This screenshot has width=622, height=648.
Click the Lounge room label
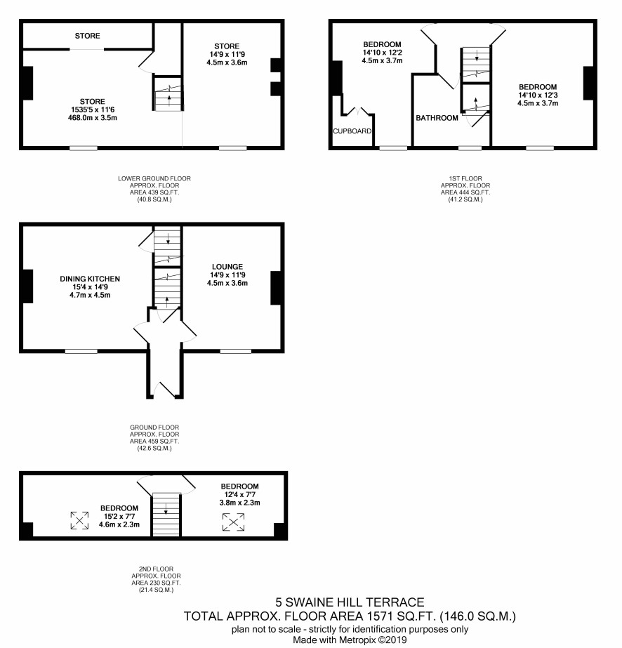(227, 267)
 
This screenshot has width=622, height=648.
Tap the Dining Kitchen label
(90, 279)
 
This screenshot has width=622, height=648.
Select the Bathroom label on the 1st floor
(437, 118)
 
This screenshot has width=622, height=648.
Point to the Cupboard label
(352, 131)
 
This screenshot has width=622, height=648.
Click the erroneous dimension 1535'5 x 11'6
(93, 110)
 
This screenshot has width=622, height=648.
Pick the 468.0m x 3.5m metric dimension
(93, 118)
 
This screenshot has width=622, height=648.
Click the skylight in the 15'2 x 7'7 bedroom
(79, 520)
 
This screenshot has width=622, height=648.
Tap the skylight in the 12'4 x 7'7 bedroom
(234, 522)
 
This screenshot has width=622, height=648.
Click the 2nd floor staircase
(166, 514)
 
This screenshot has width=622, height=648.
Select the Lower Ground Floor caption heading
(154, 178)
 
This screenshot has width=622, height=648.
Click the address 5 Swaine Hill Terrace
(350, 602)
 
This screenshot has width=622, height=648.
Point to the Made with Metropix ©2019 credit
(350, 640)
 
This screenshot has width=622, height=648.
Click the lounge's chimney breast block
(276, 288)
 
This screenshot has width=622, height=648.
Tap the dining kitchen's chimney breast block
(27, 286)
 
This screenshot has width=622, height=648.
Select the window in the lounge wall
(236, 351)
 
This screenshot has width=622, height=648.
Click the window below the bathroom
(470, 147)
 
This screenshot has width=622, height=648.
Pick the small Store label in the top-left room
(87, 36)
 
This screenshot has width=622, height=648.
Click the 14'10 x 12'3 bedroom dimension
(538, 95)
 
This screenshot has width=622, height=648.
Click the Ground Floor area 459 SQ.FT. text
(154, 442)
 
